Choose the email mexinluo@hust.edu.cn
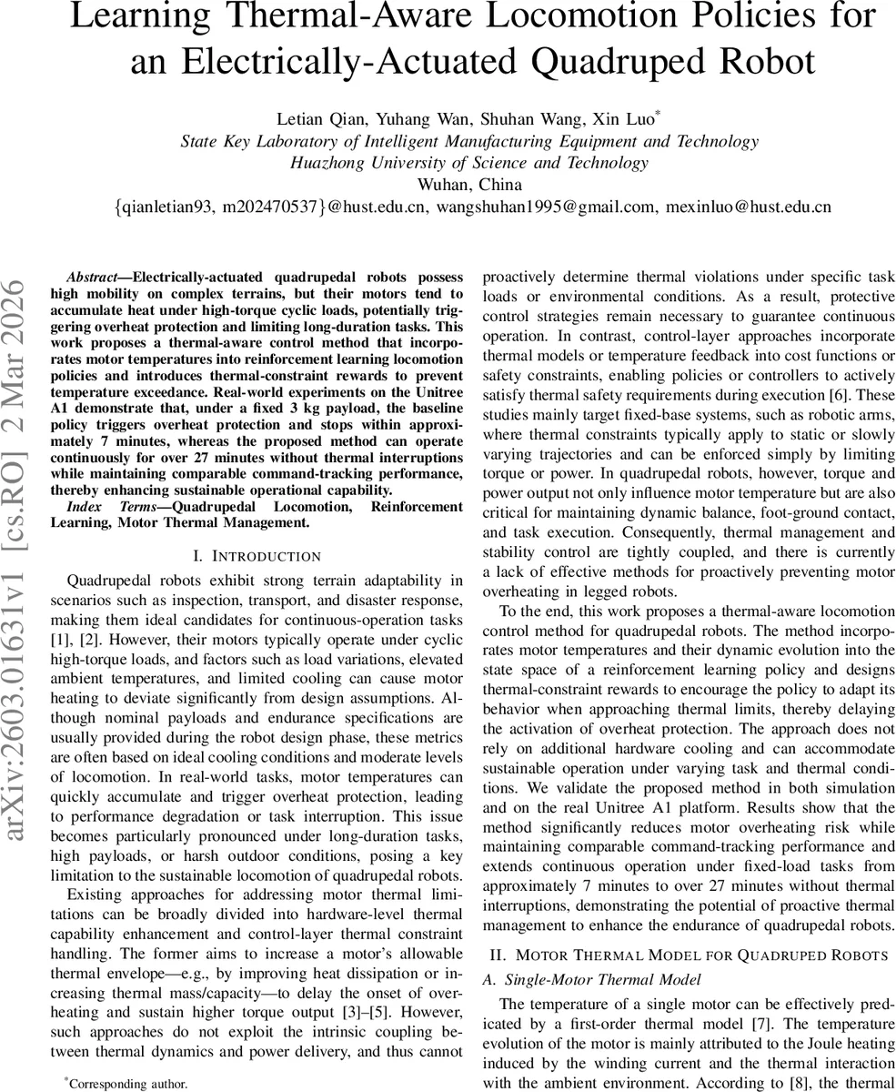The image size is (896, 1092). [749, 207]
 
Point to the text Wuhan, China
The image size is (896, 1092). [469, 185]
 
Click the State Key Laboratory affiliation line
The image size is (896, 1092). [469, 141]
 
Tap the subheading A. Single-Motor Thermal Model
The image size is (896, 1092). [602, 979]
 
